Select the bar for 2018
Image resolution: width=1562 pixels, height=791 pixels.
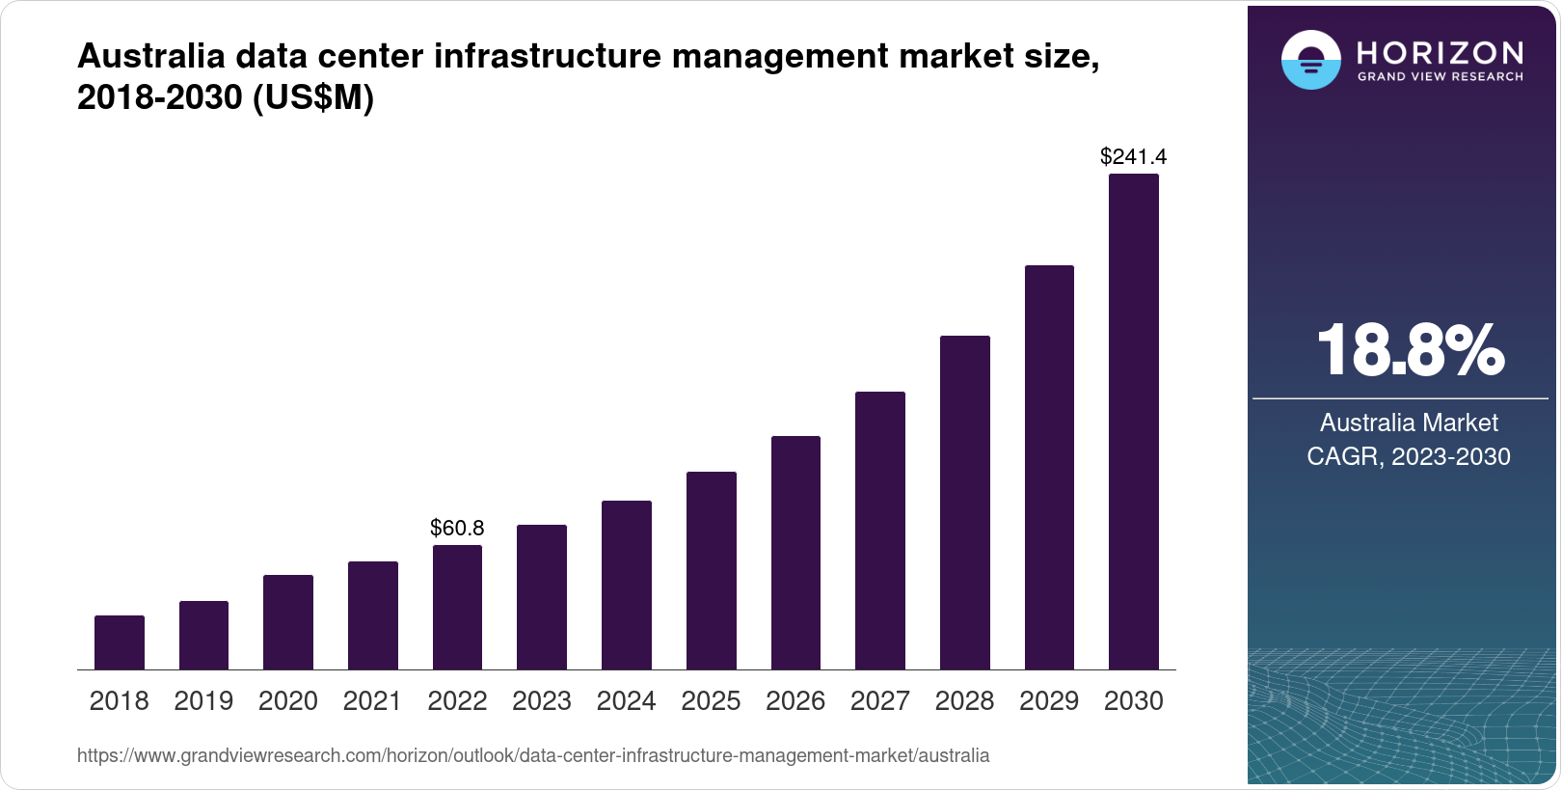(x=120, y=642)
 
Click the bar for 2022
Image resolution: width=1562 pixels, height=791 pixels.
(x=457, y=608)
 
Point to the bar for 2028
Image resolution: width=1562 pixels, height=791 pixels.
(x=964, y=503)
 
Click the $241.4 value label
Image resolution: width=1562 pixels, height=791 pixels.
(x=1133, y=156)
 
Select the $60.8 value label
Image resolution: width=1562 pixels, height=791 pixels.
(x=457, y=528)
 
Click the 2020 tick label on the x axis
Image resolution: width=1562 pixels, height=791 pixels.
(x=288, y=701)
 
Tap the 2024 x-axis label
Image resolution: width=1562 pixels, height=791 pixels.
(x=626, y=701)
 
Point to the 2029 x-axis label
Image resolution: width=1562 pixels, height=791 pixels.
(x=1049, y=701)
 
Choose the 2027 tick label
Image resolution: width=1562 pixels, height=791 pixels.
(x=879, y=701)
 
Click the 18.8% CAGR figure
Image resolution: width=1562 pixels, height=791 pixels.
(x=1409, y=350)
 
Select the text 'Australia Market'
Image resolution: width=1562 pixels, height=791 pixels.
(x=1409, y=423)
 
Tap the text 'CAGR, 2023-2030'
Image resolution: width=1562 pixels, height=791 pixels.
(x=1409, y=456)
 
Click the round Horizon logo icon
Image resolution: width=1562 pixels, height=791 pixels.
(x=1310, y=60)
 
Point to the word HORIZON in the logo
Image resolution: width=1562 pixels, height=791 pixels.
(x=1440, y=52)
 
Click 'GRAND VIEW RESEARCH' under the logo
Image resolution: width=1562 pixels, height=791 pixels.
(x=1440, y=76)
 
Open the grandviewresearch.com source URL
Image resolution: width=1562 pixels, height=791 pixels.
(x=533, y=755)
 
